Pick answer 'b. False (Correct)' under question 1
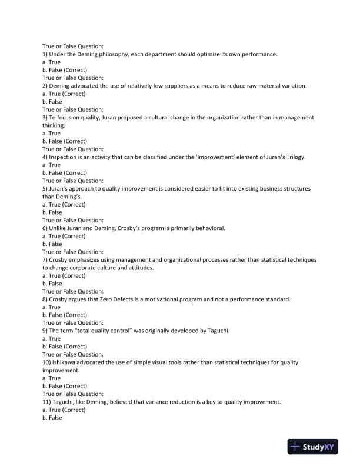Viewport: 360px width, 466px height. tap(65, 70)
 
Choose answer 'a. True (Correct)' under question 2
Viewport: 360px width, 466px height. tap(64, 94)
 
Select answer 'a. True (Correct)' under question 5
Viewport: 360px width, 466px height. tap(64, 204)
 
